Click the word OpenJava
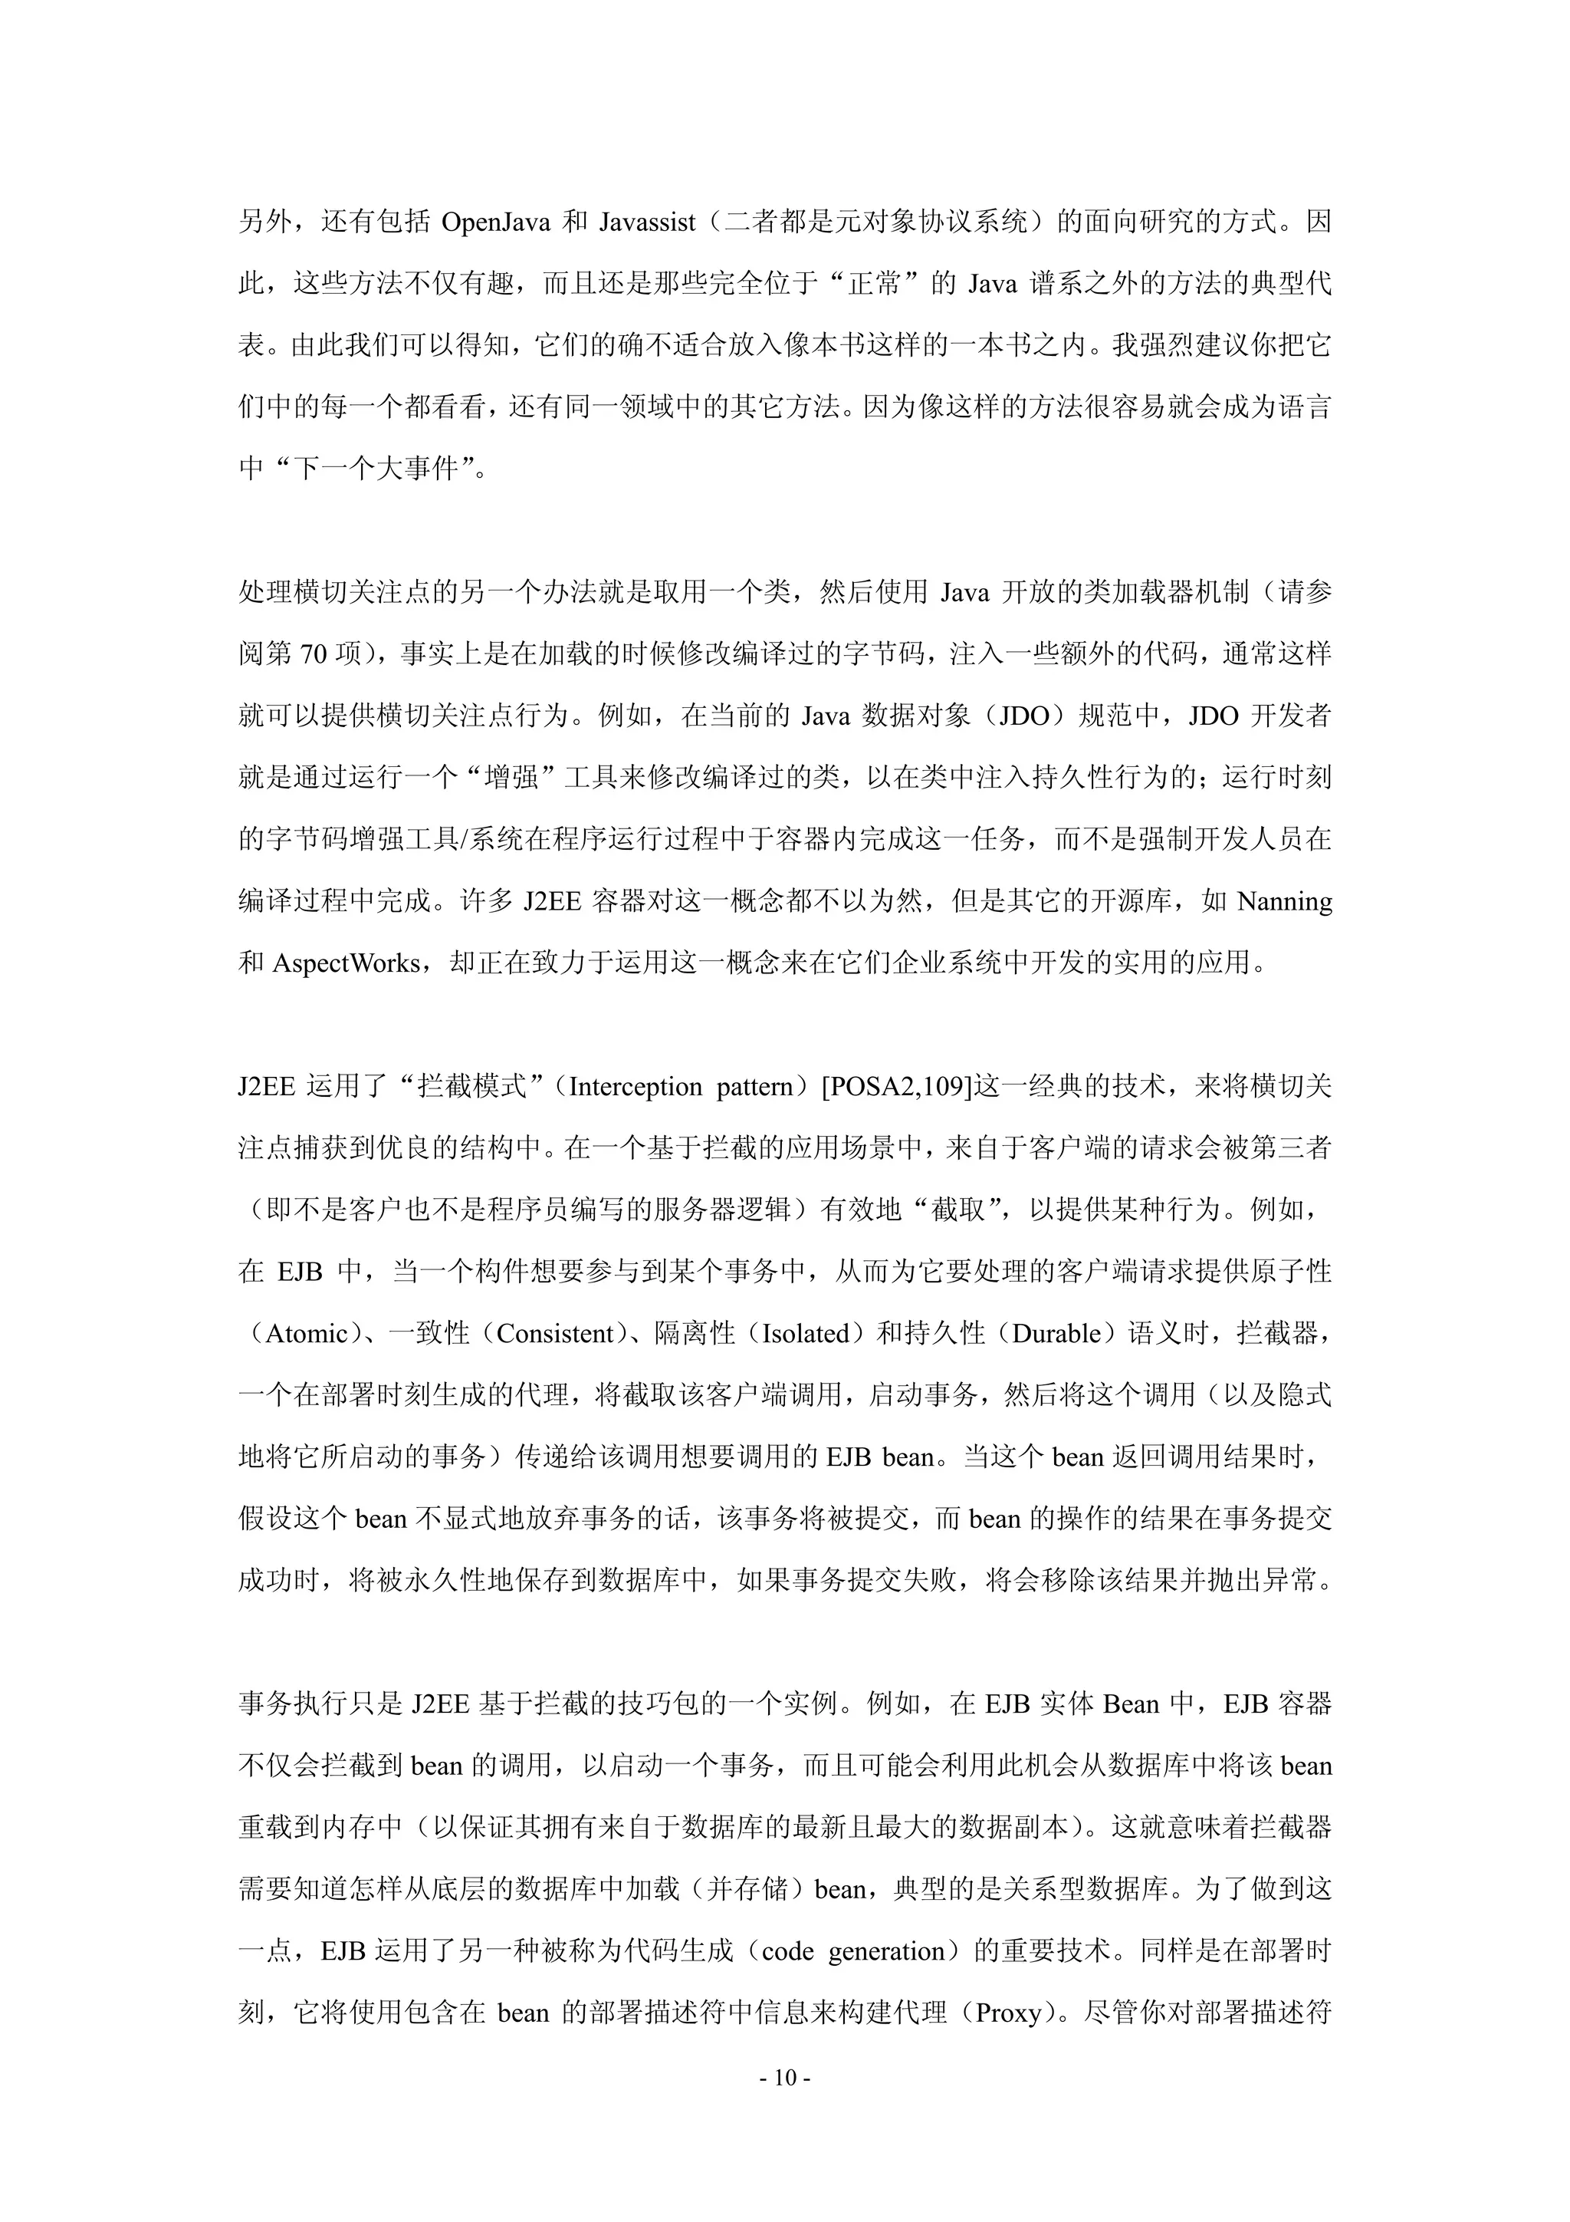[x=494, y=222]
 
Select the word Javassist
[x=646, y=222]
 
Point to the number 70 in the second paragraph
[x=314, y=655]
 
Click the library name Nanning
[x=1285, y=902]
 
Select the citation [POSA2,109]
[x=895, y=1087]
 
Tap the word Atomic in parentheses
[x=307, y=1334]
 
